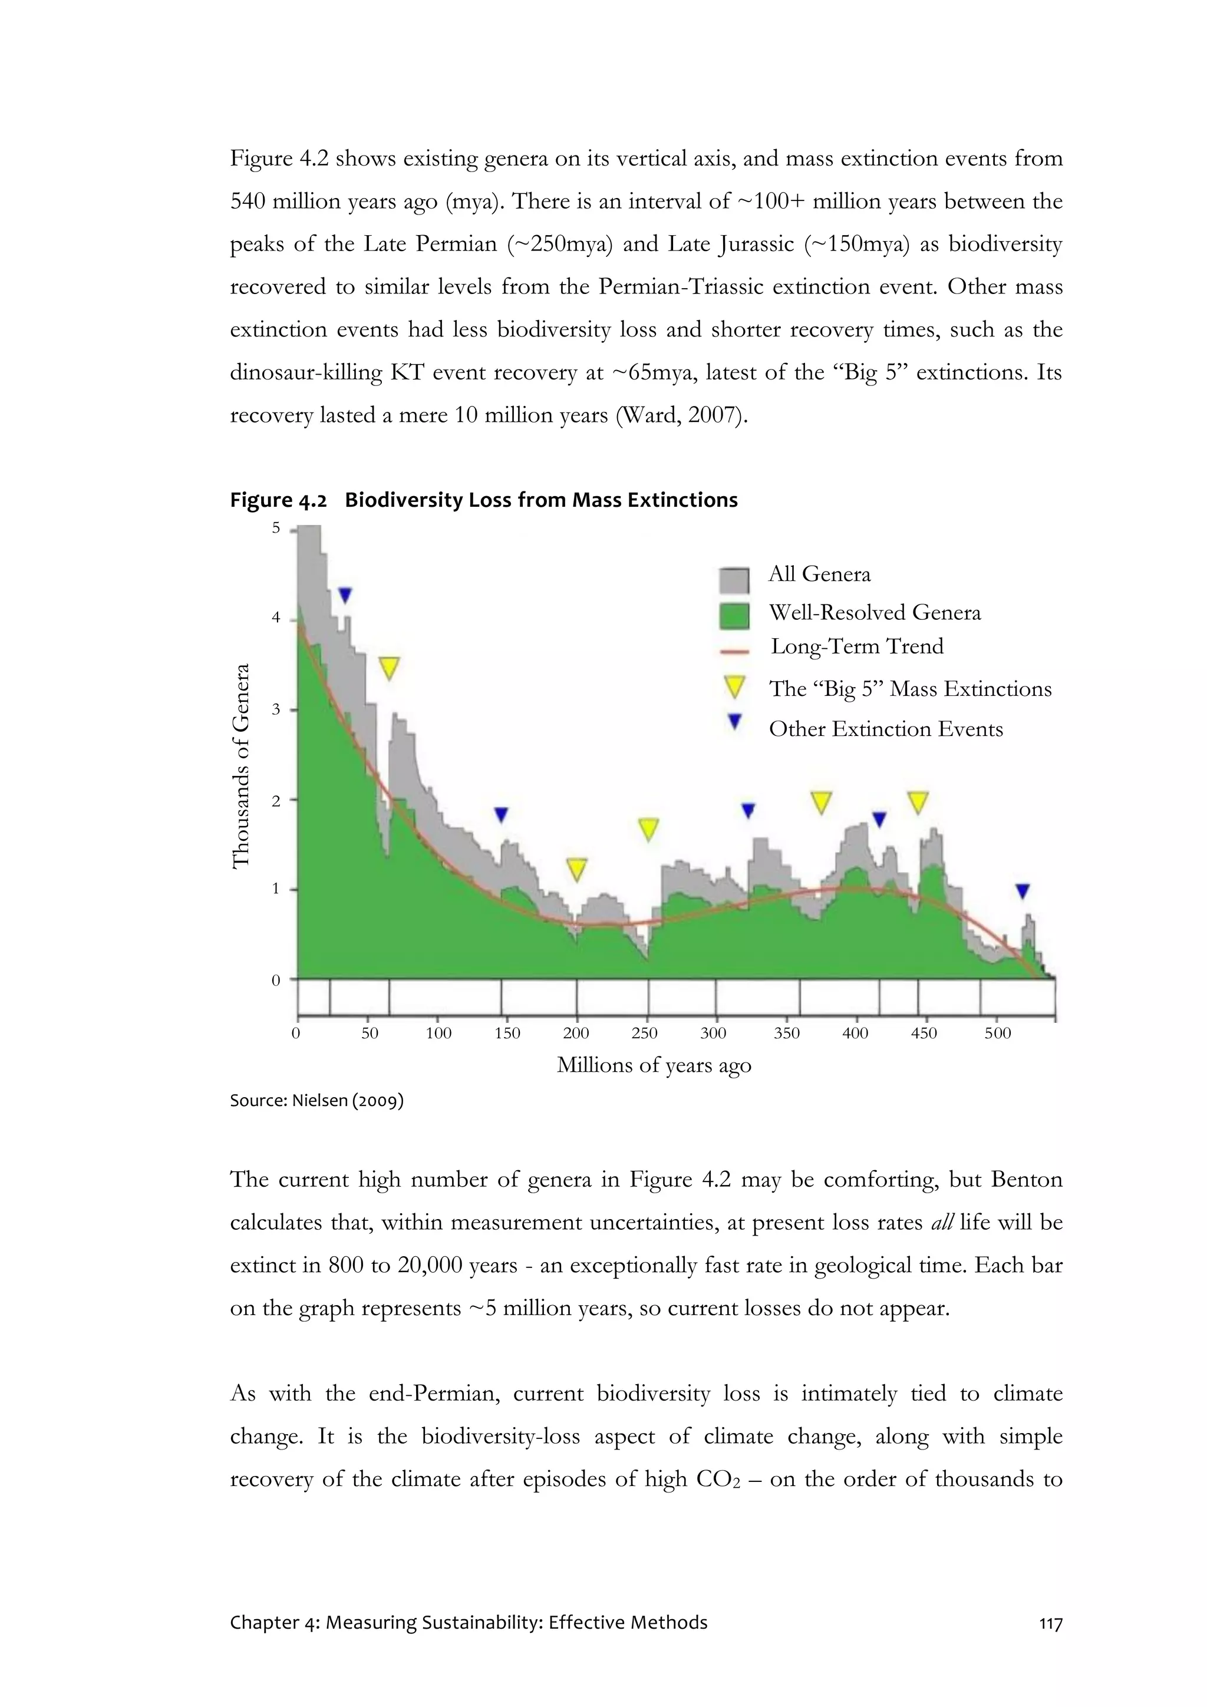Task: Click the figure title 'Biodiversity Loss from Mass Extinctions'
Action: point(540,500)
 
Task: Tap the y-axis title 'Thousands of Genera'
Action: point(240,766)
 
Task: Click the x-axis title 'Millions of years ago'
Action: point(654,1065)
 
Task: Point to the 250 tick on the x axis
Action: point(644,1033)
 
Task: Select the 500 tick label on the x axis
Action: point(997,1033)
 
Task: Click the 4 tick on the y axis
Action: point(276,618)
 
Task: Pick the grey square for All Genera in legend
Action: point(734,580)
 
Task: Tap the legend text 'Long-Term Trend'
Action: point(857,646)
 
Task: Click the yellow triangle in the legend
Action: point(734,687)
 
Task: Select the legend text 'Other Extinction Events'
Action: point(885,729)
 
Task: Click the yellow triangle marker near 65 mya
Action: point(389,667)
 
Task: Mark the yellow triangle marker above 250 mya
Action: point(648,828)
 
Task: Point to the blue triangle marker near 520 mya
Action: point(1023,891)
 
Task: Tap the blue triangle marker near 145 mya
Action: point(501,815)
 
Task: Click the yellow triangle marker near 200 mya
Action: point(576,869)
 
